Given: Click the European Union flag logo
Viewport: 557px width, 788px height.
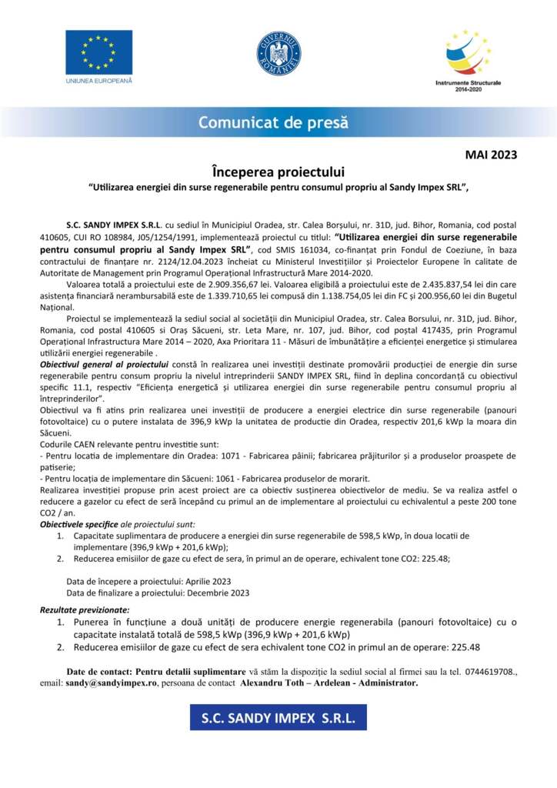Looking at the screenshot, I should point(98,52).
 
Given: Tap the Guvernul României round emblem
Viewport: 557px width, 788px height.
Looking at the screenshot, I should point(278,53).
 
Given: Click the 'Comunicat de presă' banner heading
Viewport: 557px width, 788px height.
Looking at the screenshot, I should point(273,122).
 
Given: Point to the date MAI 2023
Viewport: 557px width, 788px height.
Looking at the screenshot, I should point(491,155).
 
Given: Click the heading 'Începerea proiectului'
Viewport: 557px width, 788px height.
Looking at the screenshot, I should point(278,171).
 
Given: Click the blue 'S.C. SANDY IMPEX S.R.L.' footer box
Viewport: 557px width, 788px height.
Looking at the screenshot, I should point(278,717).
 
